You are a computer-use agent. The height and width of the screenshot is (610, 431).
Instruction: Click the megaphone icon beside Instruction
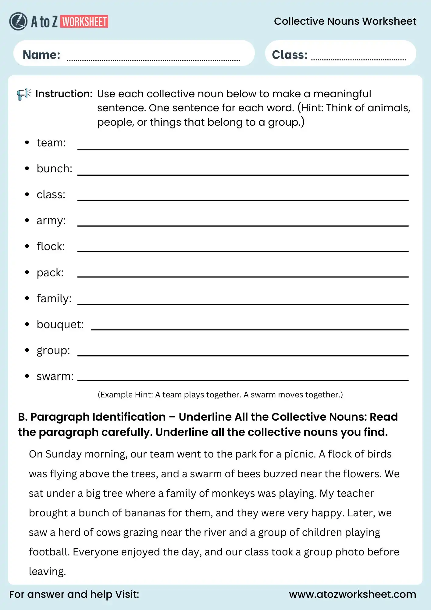(x=24, y=94)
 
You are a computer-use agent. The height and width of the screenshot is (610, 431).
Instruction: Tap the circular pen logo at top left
(x=18, y=21)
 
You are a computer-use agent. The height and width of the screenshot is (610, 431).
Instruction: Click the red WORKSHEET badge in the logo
(x=84, y=22)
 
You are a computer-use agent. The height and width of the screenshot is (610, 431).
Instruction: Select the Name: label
(x=41, y=55)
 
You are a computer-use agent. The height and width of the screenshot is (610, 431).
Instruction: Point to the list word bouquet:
(x=60, y=325)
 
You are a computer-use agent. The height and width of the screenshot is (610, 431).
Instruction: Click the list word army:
(x=51, y=221)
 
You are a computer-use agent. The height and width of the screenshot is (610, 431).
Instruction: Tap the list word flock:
(x=51, y=246)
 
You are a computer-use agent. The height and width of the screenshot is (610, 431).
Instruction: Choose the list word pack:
(x=50, y=273)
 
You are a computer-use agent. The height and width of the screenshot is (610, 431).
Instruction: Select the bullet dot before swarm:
(x=27, y=376)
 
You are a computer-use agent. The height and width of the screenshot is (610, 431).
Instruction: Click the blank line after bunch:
(x=243, y=175)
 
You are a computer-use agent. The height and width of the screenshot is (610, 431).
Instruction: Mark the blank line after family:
(x=243, y=304)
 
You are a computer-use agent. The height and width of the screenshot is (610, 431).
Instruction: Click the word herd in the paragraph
(x=69, y=532)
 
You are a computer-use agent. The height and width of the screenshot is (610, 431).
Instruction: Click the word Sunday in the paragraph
(x=63, y=454)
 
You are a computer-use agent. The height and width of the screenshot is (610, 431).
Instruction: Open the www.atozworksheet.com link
(x=352, y=594)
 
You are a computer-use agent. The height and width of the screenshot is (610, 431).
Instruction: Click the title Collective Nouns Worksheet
(x=345, y=21)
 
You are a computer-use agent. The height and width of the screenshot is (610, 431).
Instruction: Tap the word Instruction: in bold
(x=64, y=94)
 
